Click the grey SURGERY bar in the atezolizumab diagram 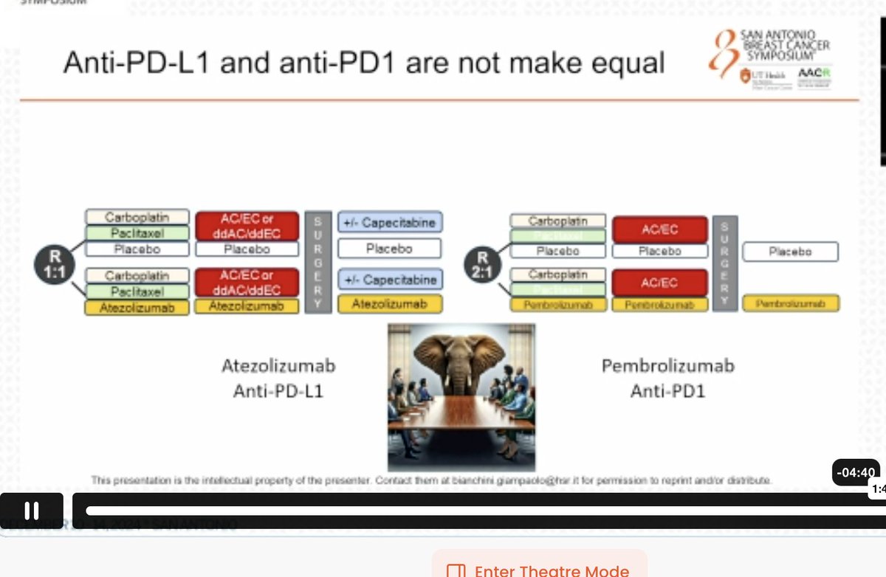pos(317,262)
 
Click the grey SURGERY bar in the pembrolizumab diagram pos(724,262)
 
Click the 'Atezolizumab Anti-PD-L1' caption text pos(278,379)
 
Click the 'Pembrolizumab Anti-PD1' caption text pos(667,379)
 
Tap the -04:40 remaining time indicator pos(856,472)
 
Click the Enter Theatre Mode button pos(540,568)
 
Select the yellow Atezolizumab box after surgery pos(390,303)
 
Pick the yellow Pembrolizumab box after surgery pos(790,303)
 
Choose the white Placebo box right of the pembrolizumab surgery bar pos(790,252)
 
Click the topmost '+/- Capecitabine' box pos(390,222)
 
